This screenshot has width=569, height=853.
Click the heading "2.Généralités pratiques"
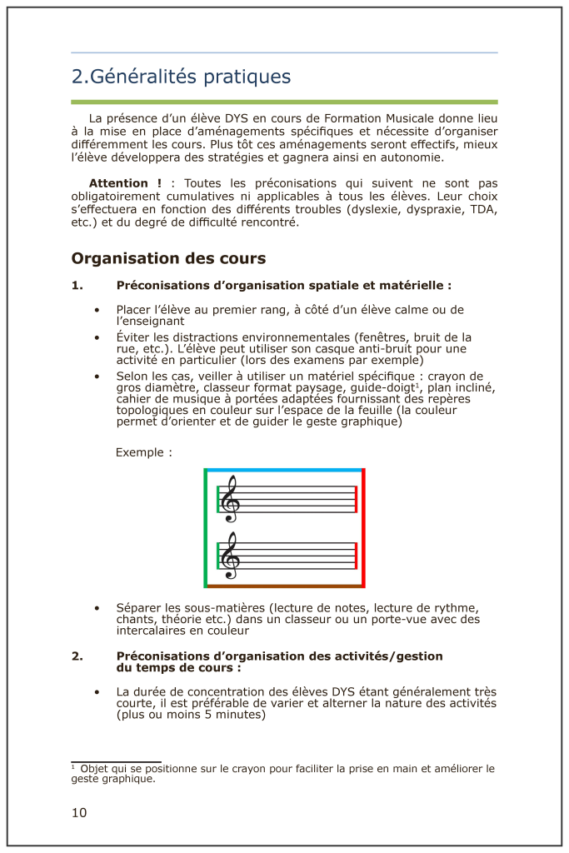point(181,77)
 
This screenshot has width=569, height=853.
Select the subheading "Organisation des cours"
point(168,258)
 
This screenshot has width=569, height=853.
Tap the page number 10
point(79,812)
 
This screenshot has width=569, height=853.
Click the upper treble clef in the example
point(228,499)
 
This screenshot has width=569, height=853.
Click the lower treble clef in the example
point(228,556)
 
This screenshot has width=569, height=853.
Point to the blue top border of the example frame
point(284,471)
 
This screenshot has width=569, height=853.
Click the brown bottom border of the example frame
point(284,586)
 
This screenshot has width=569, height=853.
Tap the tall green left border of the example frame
point(206,528)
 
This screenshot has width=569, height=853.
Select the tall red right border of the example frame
point(364,528)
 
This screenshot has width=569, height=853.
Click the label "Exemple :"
point(144,453)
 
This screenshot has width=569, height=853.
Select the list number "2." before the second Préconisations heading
point(77,656)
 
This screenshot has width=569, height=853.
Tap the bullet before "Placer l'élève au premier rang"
point(97,310)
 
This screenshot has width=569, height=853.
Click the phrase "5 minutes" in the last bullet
point(237,714)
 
